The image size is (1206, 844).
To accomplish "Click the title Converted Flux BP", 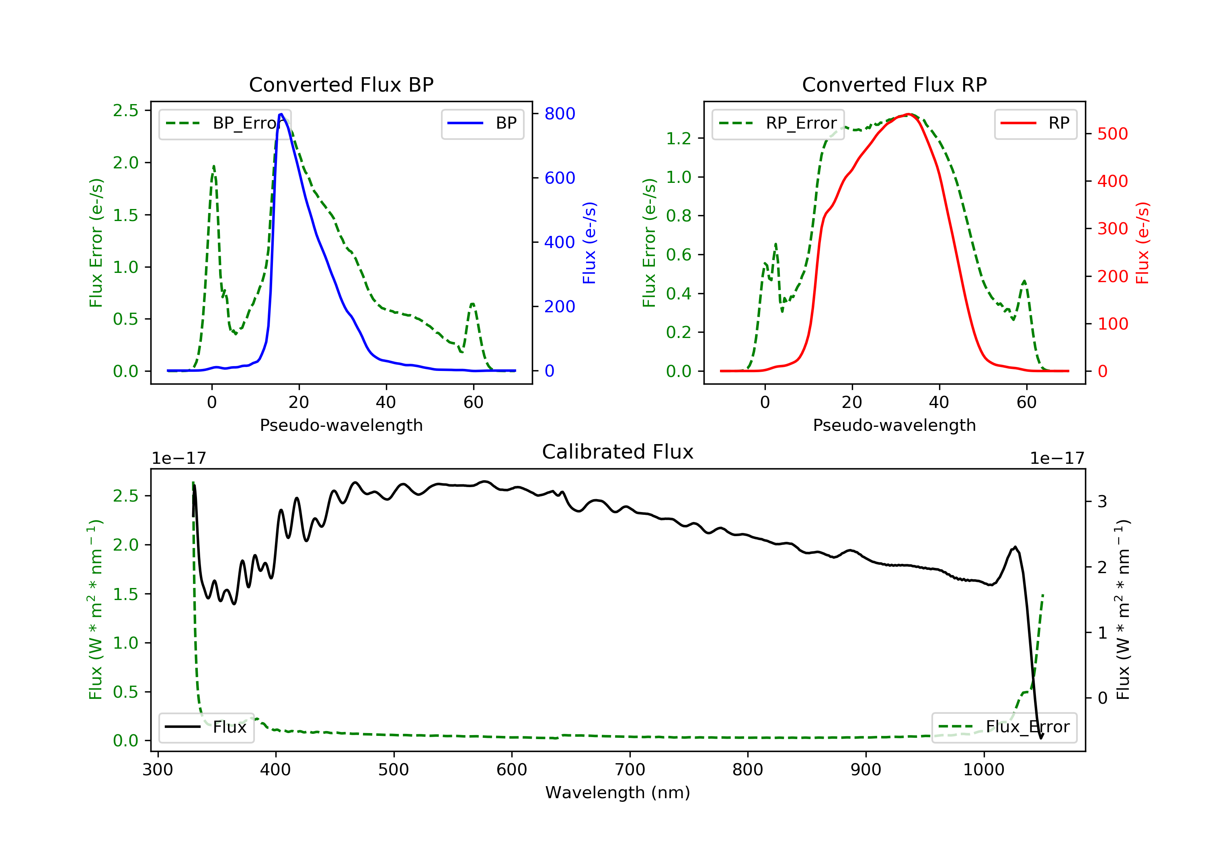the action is [341, 84].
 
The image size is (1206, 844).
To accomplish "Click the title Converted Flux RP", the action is [894, 84].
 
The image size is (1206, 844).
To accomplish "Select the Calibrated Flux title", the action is [618, 452].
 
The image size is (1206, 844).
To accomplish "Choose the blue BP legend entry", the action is [482, 123].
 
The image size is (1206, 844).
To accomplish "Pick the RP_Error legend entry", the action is [778, 123].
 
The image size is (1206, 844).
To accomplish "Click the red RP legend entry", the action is [1035, 123].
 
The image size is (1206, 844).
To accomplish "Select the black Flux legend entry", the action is [206, 727].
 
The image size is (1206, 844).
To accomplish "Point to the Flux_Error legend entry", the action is [1004, 727].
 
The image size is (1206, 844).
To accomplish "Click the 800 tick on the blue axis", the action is [560, 113].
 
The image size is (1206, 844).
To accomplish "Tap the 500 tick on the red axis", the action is [1112, 134].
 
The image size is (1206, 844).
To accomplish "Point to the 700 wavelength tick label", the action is [630, 770].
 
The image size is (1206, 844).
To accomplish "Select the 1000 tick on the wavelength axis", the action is [984, 770].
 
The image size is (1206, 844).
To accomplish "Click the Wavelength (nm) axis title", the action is [618, 793].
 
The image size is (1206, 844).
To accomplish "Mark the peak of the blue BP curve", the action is [281, 114].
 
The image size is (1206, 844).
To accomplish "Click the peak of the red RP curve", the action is [908, 114].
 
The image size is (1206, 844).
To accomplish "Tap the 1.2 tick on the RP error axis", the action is [679, 139].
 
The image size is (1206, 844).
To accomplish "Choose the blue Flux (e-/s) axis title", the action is [589, 243].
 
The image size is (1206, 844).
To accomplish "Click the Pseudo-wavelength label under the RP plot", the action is [894, 425].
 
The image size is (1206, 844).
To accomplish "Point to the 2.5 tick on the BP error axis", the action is [125, 110].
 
